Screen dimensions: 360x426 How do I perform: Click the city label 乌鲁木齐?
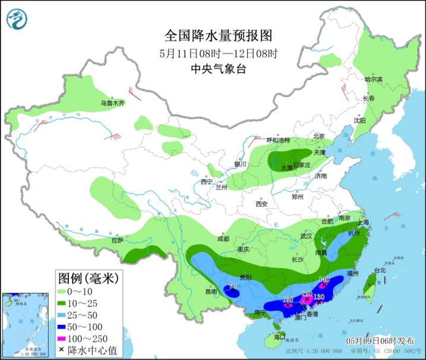click(112, 103)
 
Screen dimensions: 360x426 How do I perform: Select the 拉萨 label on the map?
click(117, 240)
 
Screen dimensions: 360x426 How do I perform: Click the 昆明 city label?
click(211, 292)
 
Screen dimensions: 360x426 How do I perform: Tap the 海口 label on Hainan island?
click(280, 337)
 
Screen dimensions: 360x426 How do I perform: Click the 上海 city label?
click(363, 222)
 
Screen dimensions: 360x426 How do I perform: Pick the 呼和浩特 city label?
click(278, 141)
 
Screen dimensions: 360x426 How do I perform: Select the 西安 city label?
click(262, 204)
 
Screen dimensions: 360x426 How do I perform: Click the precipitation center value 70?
click(232, 286)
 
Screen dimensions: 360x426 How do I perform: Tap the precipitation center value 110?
click(324, 279)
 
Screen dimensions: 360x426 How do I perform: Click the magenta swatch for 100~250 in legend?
click(62, 337)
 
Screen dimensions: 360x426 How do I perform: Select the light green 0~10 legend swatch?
click(62, 292)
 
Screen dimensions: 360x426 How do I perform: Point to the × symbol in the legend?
click(61, 348)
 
